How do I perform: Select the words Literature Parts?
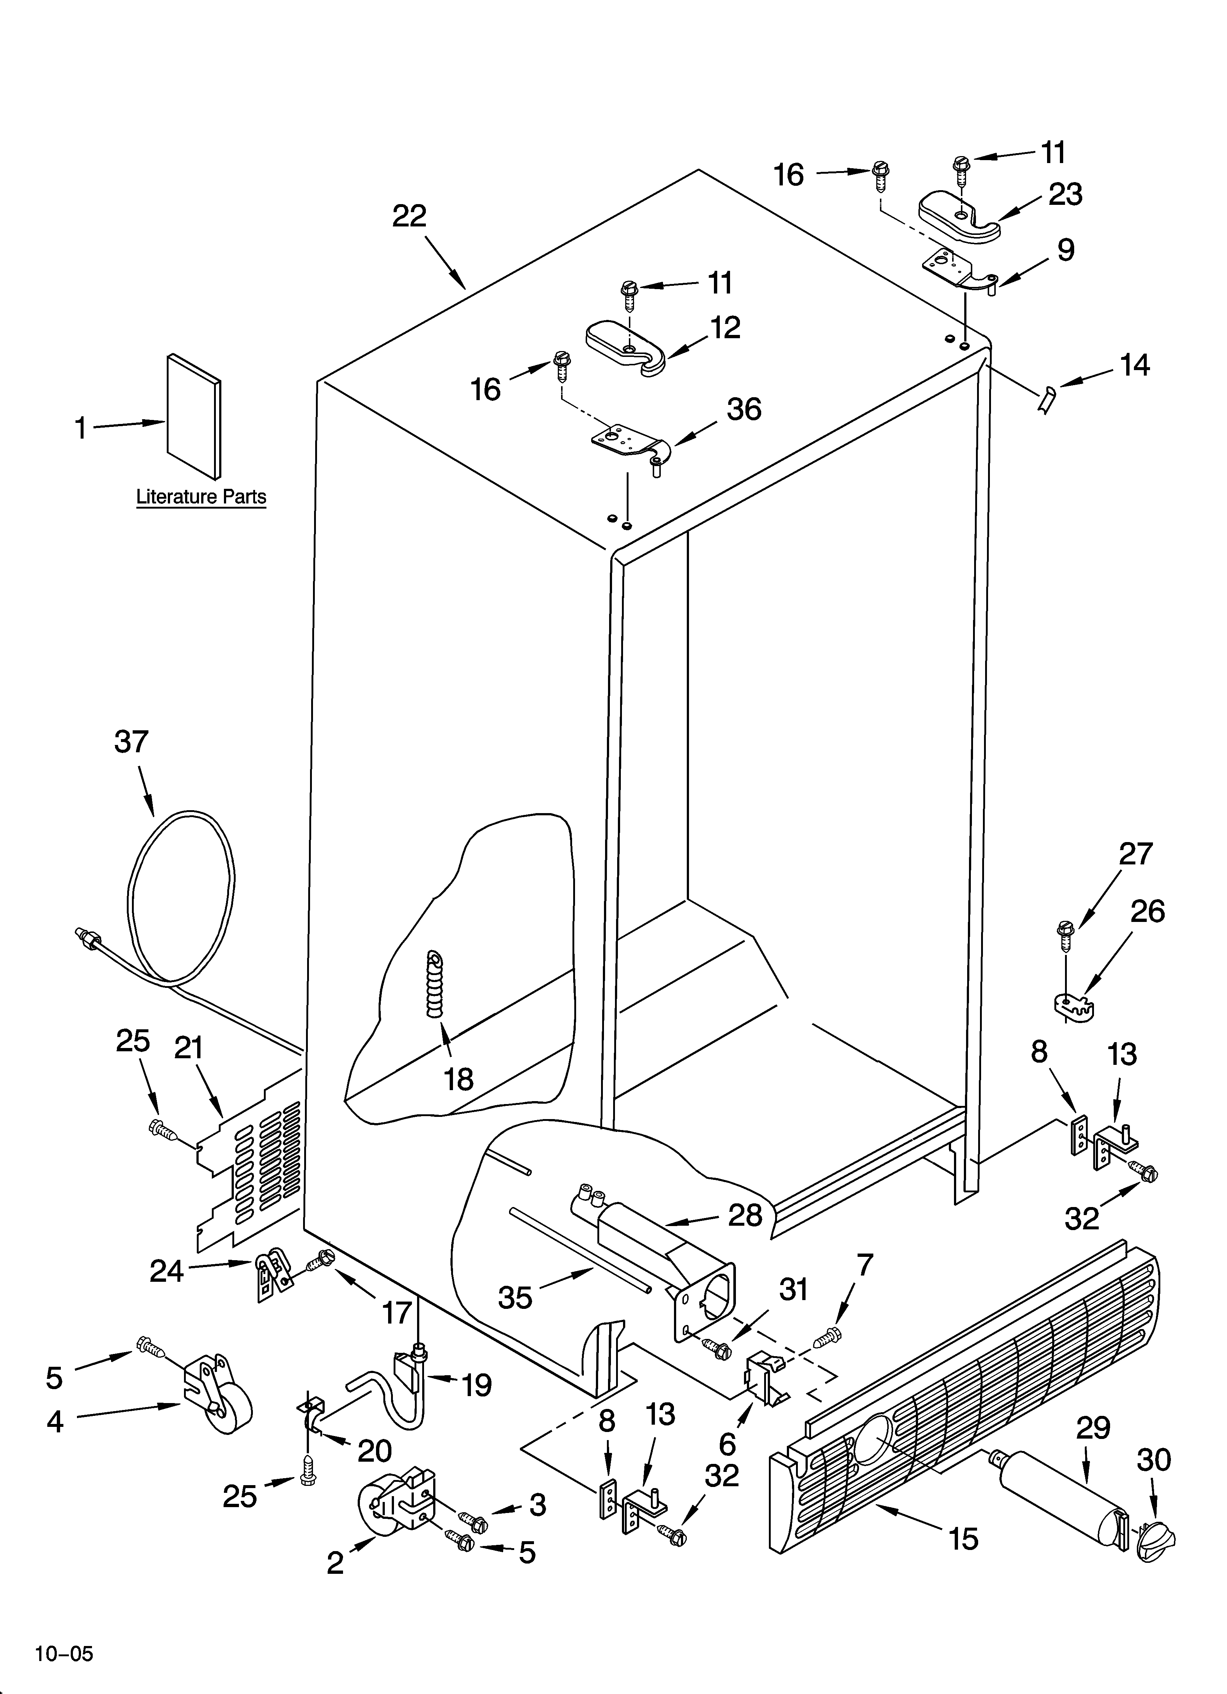coord(201,497)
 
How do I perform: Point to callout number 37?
coord(132,742)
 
